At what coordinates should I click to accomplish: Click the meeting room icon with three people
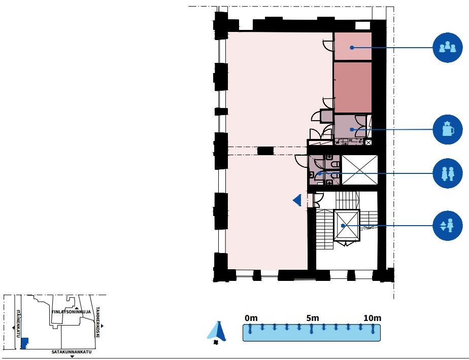tap(448, 48)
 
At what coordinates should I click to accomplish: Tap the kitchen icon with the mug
tap(448, 129)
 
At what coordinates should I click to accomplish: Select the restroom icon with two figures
tap(448, 173)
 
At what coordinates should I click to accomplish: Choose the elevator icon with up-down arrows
tap(448, 226)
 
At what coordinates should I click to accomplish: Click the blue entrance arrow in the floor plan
tap(297, 200)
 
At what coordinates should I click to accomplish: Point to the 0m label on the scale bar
tap(251, 318)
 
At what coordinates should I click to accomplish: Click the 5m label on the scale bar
tap(313, 318)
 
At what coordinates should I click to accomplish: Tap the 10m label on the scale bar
tap(373, 318)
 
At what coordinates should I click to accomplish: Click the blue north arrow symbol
tap(217, 332)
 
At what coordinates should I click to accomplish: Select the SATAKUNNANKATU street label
tap(72, 352)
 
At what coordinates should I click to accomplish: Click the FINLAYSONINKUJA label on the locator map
tap(71, 312)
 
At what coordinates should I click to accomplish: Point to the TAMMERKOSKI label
tap(97, 322)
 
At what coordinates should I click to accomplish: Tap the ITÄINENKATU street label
tap(18, 323)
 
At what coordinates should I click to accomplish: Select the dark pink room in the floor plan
tap(353, 87)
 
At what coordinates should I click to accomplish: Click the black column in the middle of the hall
tap(265, 151)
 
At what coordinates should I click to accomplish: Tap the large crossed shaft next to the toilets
tap(359, 170)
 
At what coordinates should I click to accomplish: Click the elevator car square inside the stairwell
tap(346, 226)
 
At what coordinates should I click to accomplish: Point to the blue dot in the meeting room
tap(352, 48)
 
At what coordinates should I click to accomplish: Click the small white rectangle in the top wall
tap(363, 26)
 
